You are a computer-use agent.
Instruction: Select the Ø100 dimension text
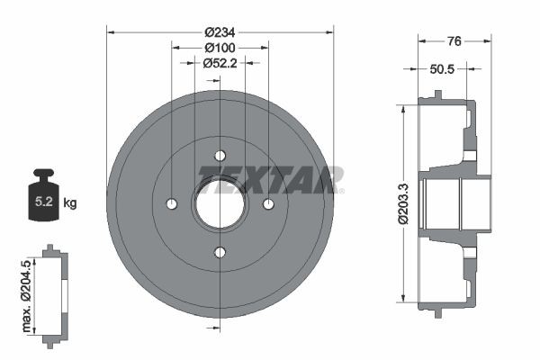220,47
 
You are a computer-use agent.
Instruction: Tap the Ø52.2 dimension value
220,62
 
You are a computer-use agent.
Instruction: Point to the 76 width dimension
455,40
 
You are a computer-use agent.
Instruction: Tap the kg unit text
70,202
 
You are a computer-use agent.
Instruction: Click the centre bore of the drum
220,204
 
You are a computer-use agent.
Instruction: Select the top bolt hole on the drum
220,157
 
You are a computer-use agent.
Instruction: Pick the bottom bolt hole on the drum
220,252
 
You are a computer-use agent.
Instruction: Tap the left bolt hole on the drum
172,204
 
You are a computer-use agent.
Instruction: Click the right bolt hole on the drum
267,204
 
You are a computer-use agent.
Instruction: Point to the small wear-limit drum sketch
53,294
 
